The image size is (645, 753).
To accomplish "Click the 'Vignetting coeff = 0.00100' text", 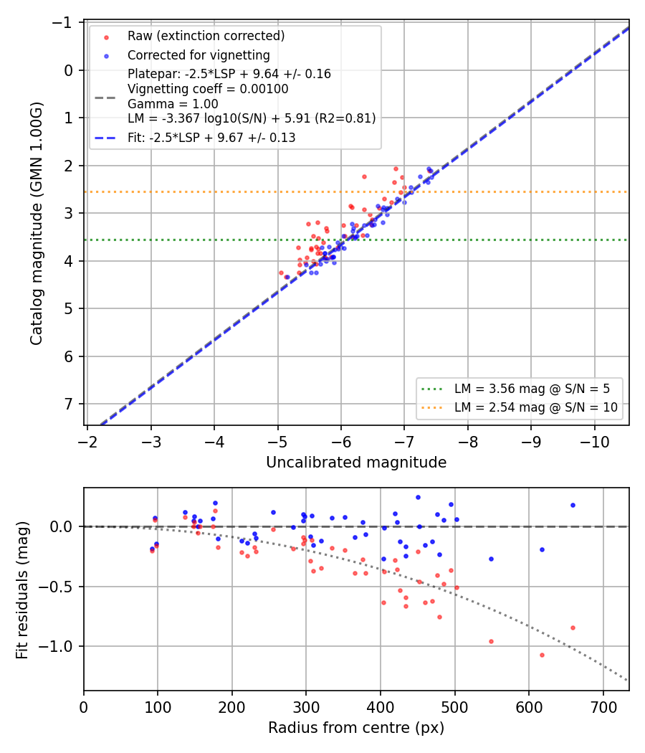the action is [x=208, y=90].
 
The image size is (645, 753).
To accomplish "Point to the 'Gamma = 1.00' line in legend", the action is [x=173, y=104].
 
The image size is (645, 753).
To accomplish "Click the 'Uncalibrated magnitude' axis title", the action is [x=356, y=463].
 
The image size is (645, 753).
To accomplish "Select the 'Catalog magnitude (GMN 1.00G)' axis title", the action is [x=37, y=223].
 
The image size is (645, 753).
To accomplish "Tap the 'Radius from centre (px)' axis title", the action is [x=356, y=728].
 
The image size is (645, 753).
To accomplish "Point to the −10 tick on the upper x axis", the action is [x=595, y=442].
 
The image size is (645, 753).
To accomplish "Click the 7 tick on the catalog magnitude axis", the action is [x=69, y=404].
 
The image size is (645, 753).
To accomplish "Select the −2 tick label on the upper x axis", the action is [x=87, y=442].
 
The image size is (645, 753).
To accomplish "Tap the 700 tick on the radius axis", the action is [x=603, y=707].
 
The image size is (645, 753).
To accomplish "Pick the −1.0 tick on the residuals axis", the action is [x=56, y=646].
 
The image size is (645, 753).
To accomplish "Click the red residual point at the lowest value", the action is [x=542, y=655].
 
